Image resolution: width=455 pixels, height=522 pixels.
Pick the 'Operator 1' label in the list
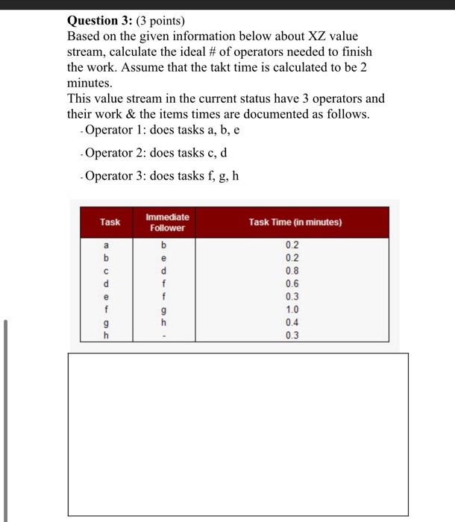point(116,131)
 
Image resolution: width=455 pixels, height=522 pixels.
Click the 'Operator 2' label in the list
point(116,154)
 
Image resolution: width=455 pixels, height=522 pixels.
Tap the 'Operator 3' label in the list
point(116,176)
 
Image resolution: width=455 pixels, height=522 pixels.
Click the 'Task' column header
point(110,222)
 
